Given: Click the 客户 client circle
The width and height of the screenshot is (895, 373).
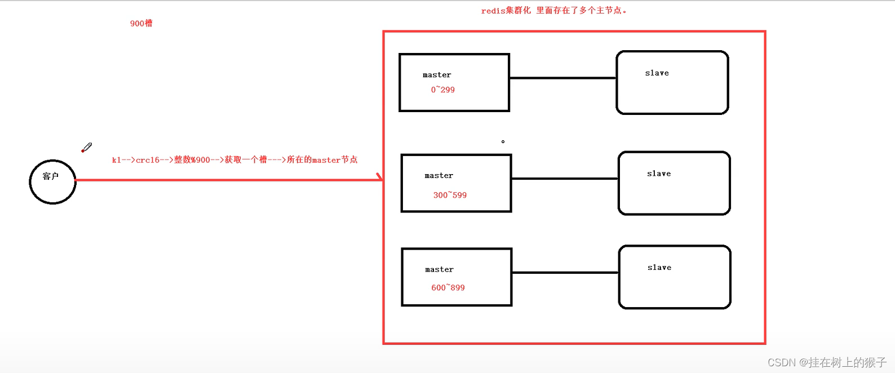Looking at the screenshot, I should [52, 181].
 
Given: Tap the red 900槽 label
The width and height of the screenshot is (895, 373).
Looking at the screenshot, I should [141, 23].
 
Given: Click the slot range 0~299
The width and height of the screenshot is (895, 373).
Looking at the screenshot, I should [442, 90].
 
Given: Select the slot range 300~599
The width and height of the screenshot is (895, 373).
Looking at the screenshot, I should [450, 195].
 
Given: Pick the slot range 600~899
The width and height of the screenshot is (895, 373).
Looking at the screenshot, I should [448, 287].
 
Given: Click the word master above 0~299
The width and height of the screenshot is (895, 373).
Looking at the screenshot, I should [437, 75].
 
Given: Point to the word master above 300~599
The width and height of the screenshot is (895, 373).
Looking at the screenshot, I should [438, 176].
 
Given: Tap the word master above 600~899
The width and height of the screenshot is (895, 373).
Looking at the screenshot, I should [439, 269].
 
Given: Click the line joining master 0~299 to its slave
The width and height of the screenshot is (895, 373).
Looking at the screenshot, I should [562, 78].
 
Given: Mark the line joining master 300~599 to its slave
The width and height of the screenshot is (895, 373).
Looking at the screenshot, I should [564, 179].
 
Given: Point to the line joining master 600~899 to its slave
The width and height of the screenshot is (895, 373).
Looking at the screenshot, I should [565, 272].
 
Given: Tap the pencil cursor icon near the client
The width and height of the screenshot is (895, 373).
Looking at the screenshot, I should [86, 148].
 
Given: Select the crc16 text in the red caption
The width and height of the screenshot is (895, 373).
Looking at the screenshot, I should [148, 160].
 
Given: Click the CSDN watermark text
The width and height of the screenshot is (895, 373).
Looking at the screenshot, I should [827, 362].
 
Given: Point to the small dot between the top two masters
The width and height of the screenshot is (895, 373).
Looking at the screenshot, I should [503, 141].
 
